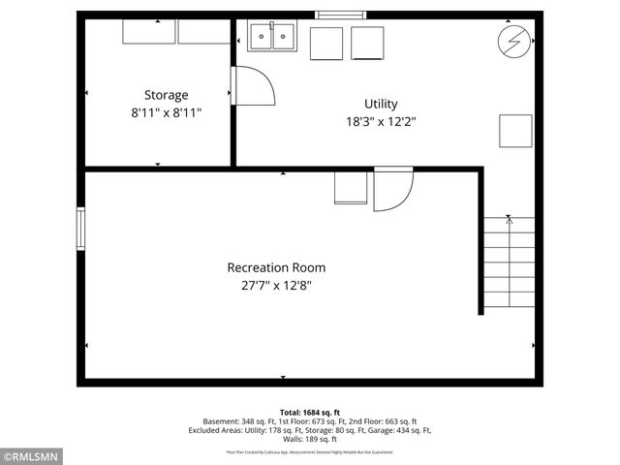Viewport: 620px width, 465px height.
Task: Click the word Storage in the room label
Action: click(x=166, y=95)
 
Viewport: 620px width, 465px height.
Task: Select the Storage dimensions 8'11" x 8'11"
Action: click(x=166, y=112)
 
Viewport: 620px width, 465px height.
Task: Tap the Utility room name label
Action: click(x=380, y=104)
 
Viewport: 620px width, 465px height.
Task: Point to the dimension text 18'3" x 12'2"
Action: click(x=380, y=122)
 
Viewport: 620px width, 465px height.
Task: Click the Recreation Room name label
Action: click(x=276, y=267)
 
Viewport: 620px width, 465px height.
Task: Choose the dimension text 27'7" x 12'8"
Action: click(x=276, y=285)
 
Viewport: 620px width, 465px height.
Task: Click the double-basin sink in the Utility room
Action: click(x=271, y=37)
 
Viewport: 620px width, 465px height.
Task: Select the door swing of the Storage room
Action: click(x=254, y=87)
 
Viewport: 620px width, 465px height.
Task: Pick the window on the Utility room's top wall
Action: click(x=342, y=15)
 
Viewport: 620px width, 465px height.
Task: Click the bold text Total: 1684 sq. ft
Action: click(x=310, y=412)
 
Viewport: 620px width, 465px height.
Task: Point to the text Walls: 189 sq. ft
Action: click(x=310, y=439)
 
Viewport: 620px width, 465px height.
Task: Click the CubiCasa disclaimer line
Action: click(x=310, y=451)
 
